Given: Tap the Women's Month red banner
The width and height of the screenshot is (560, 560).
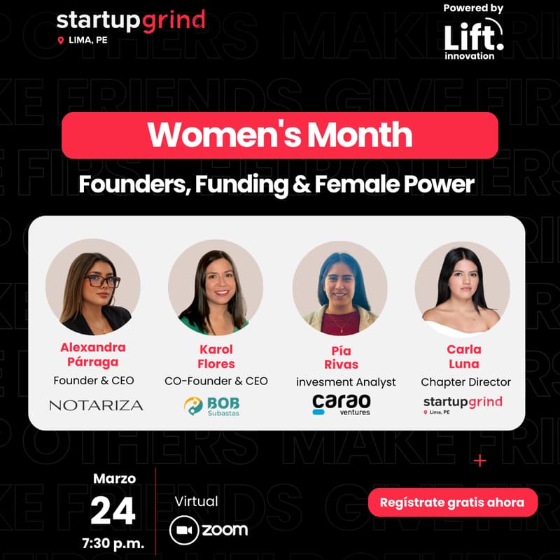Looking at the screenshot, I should tap(280, 135).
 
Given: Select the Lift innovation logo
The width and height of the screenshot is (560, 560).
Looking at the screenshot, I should tap(473, 38).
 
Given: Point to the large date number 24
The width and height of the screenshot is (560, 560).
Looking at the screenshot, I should tap(113, 511).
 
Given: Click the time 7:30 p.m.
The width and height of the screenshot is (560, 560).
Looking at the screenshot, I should tap(113, 543).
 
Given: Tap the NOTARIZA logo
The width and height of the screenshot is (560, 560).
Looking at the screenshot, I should tap(96, 405).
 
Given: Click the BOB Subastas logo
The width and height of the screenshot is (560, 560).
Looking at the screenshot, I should tap(216, 405).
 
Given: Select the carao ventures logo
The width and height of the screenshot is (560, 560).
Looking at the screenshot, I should tap(341, 405).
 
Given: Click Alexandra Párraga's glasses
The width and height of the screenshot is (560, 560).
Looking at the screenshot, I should tap(103, 281).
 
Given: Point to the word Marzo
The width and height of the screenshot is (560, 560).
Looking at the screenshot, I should tap(114, 479).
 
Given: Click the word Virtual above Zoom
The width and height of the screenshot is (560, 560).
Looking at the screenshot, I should tap(197, 501).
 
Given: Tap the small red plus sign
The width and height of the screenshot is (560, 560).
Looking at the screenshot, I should tap(479, 461).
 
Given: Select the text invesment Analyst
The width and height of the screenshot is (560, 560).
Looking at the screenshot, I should tap(346, 382).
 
